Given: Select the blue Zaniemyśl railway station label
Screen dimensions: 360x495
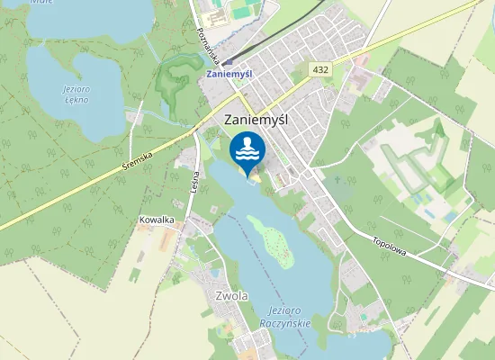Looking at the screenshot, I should pos(229,73).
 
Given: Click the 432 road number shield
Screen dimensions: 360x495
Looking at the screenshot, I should pos(320,68).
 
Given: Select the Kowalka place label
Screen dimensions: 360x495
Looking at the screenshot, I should pos(156,220).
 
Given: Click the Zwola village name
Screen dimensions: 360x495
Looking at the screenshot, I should pos(232,295).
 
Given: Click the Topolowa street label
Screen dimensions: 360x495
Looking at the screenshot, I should pos(390,246).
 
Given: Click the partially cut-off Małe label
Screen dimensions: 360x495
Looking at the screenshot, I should pos(41,3).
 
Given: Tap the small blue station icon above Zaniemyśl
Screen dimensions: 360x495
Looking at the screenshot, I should pos(229,61).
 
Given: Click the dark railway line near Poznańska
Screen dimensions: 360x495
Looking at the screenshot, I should pos(247,43).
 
